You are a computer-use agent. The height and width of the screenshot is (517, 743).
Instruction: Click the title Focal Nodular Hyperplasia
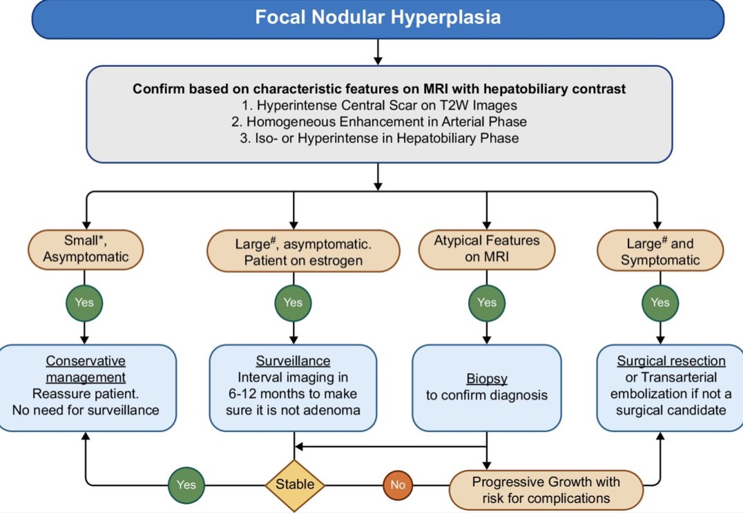pos(378,17)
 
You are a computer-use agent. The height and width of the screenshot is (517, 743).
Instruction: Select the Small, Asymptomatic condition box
pos(86,251)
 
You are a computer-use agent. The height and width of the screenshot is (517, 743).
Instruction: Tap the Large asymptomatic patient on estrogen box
pos(303,251)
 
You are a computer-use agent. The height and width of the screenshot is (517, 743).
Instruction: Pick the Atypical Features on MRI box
pos(486,250)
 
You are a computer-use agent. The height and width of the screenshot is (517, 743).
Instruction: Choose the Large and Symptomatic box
pos(659,251)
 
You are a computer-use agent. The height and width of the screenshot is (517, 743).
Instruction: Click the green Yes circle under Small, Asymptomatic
pos(85,302)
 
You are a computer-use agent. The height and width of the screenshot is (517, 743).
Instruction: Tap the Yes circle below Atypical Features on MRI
pos(486,302)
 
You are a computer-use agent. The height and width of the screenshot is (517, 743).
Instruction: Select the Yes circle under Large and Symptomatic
pos(659,302)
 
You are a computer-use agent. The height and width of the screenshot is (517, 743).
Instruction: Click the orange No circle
pos(398,485)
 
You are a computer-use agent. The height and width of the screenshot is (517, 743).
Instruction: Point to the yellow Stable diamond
pos(295,485)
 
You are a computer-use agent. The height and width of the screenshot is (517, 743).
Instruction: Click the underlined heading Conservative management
pos(86,369)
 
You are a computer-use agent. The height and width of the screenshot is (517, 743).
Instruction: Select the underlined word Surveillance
pos(293,361)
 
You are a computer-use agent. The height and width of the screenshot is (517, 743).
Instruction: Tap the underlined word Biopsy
pos(488,380)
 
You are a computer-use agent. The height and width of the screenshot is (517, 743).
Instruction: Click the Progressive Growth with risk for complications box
pos(546,489)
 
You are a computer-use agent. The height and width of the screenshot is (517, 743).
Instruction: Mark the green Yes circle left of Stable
pos(186,485)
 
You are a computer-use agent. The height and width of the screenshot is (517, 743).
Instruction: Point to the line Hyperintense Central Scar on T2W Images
pos(378,106)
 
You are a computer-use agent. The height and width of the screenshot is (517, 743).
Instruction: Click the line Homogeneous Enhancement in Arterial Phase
pos(378,122)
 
